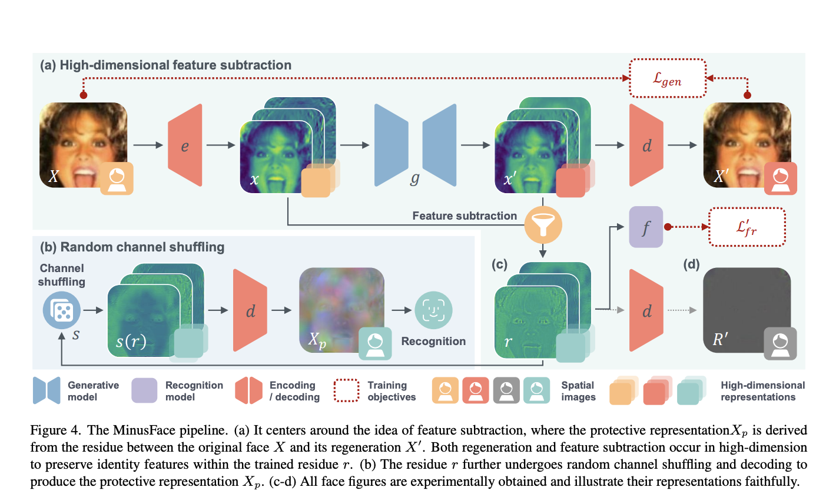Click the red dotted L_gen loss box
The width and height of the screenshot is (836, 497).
pyautogui.click(x=667, y=78)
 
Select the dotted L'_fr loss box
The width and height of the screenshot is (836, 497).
pyautogui.click(x=747, y=227)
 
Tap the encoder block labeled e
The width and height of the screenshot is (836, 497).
pyautogui.click(x=185, y=145)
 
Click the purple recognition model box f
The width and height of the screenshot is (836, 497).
pyautogui.click(x=646, y=227)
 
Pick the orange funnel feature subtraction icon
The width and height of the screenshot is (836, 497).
pyautogui.click(x=543, y=224)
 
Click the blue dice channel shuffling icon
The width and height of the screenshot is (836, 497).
pyautogui.click(x=61, y=310)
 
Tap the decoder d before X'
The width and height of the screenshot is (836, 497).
pyautogui.click(x=646, y=145)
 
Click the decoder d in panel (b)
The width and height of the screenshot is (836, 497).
pyautogui.click(x=250, y=310)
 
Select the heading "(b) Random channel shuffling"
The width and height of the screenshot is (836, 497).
pyautogui.click(x=132, y=247)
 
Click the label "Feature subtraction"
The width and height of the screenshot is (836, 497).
pyautogui.click(x=464, y=216)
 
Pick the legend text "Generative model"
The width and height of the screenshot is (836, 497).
pyautogui.click(x=93, y=391)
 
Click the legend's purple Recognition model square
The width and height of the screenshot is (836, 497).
pyautogui.click(x=144, y=390)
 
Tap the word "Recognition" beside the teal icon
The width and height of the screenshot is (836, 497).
pyautogui.click(x=433, y=342)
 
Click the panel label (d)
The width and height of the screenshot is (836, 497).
pyautogui.click(x=691, y=264)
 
